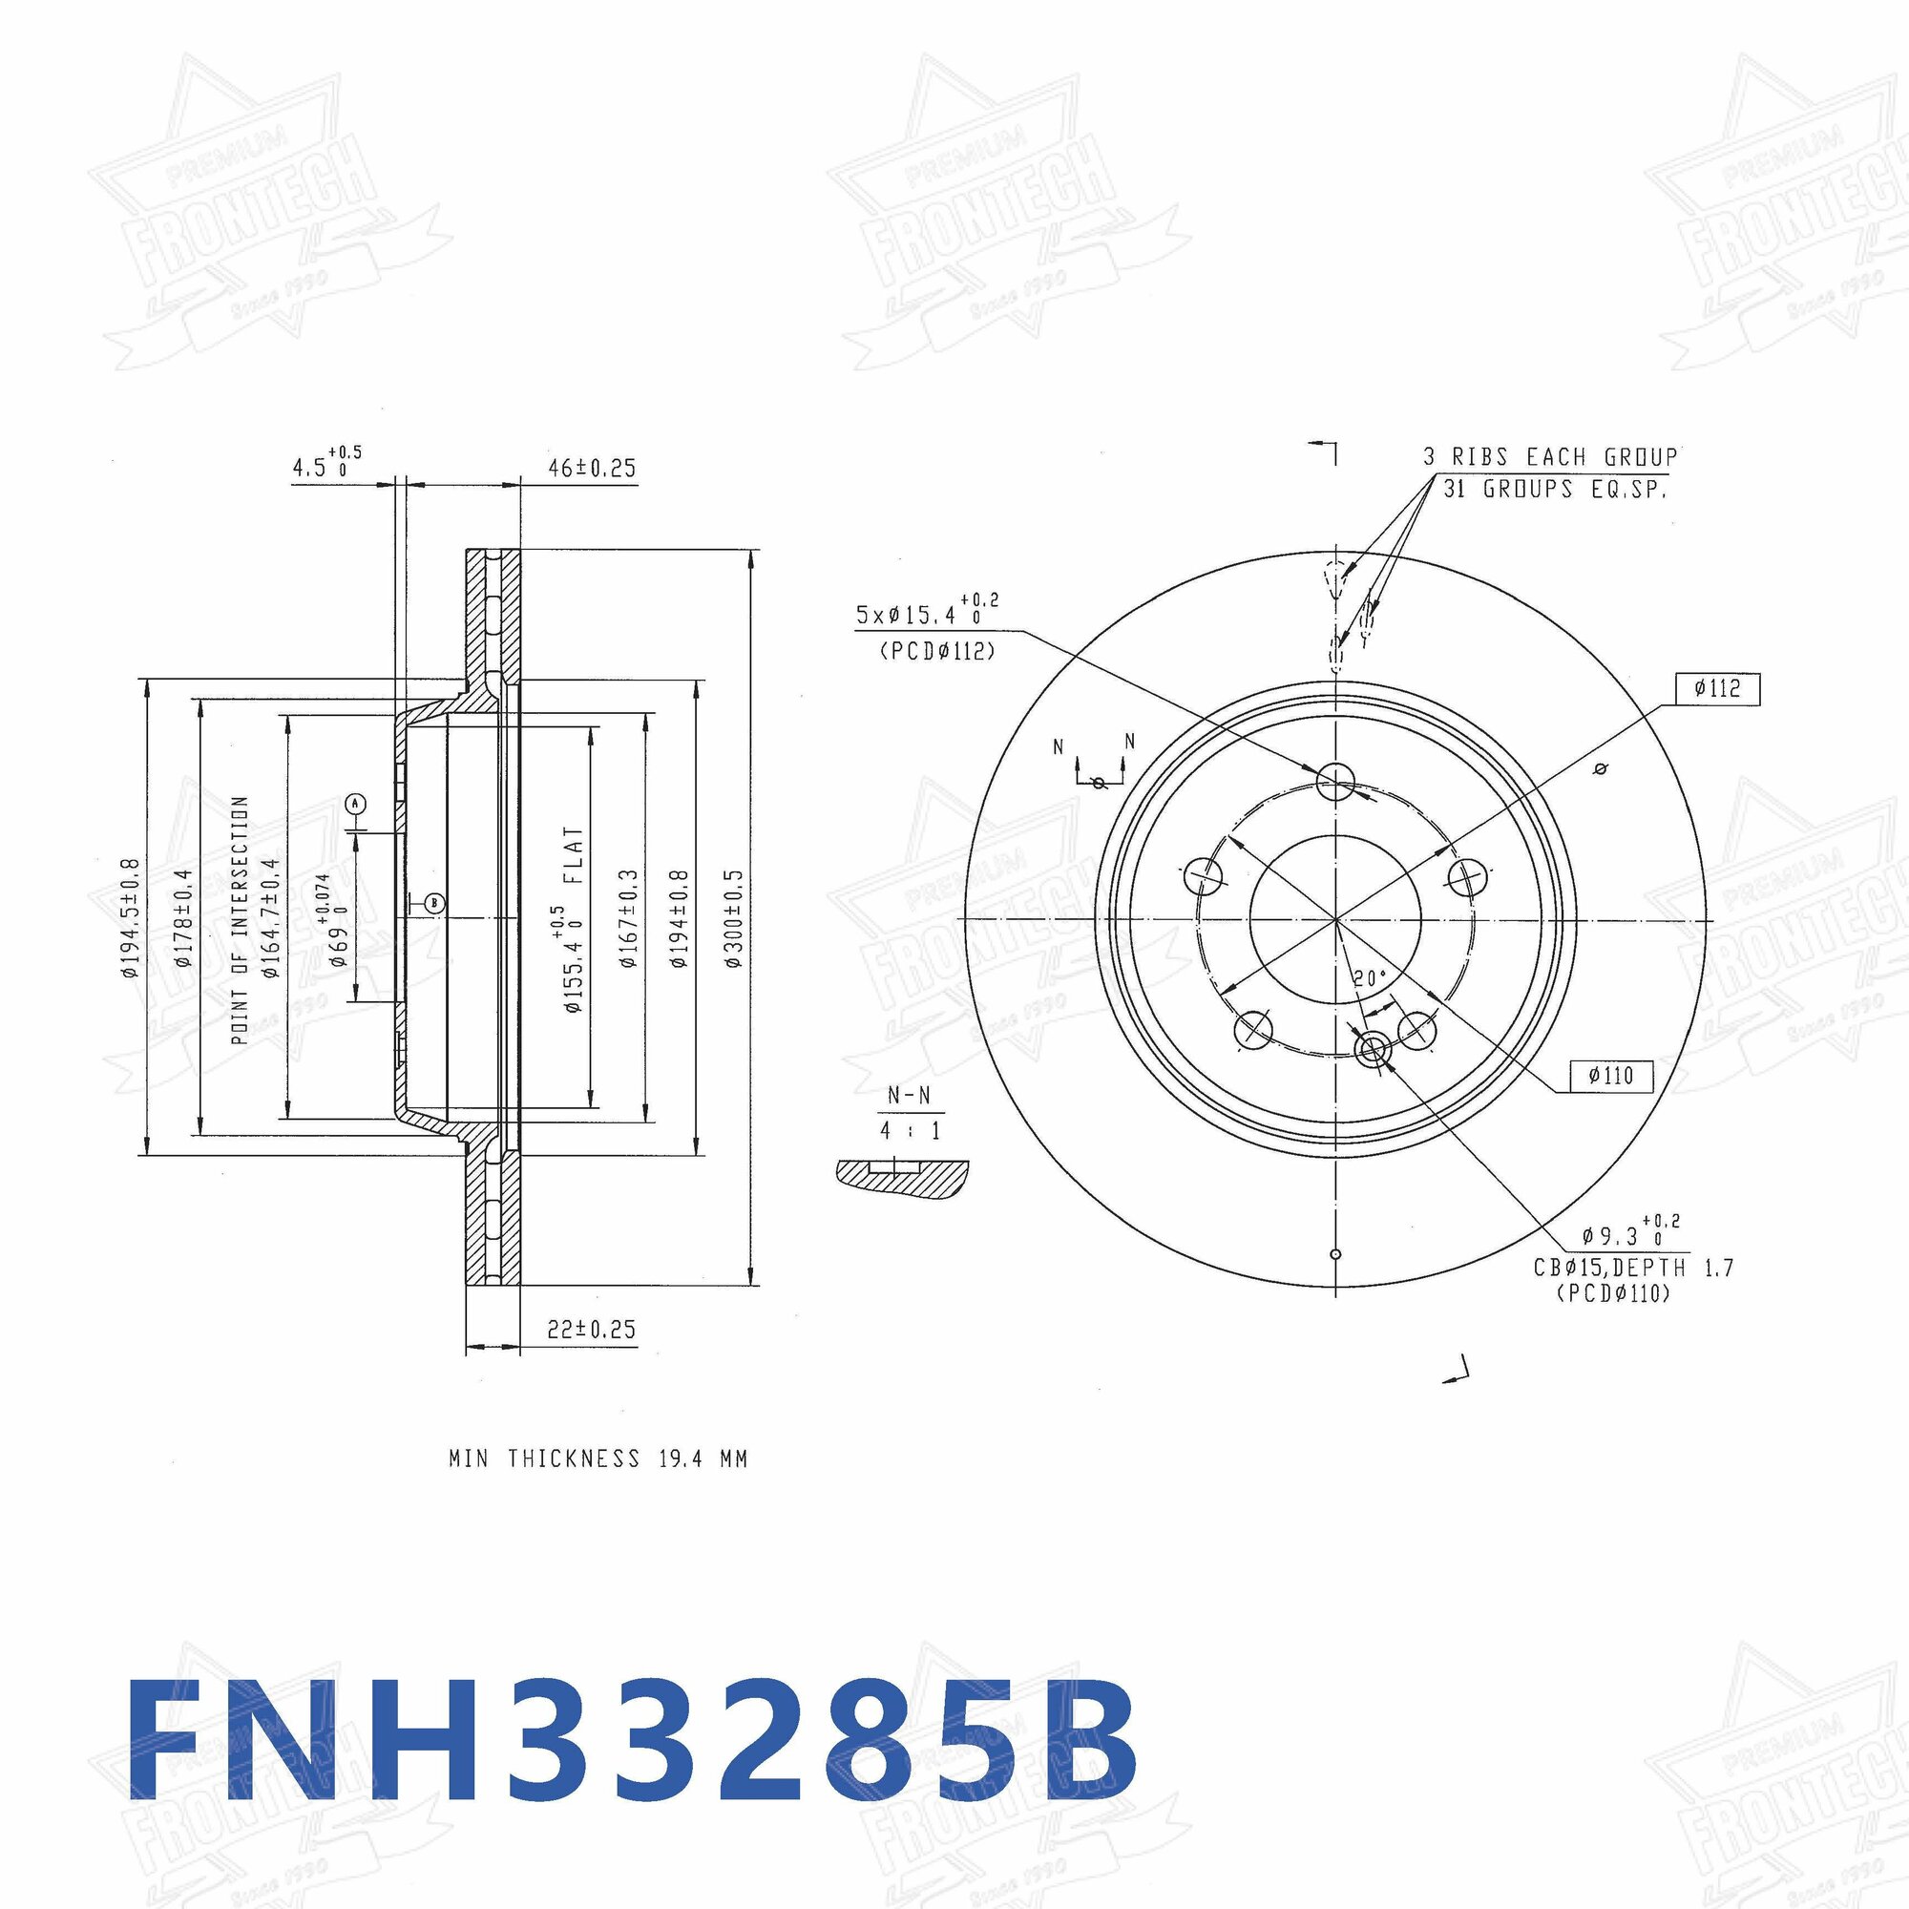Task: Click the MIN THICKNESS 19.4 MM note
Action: click(x=598, y=1458)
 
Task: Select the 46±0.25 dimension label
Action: click(x=592, y=468)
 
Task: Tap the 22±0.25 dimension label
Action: click(x=591, y=1329)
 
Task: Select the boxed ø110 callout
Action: click(x=1610, y=1075)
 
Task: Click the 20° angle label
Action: click(x=1370, y=978)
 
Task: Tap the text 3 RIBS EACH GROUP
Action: click(x=1549, y=457)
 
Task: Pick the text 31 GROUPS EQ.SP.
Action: click(x=1555, y=488)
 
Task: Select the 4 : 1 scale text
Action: click(x=909, y=1129)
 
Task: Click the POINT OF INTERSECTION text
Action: click(x=240, y=919)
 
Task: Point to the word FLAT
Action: click(x=573, y=855)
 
